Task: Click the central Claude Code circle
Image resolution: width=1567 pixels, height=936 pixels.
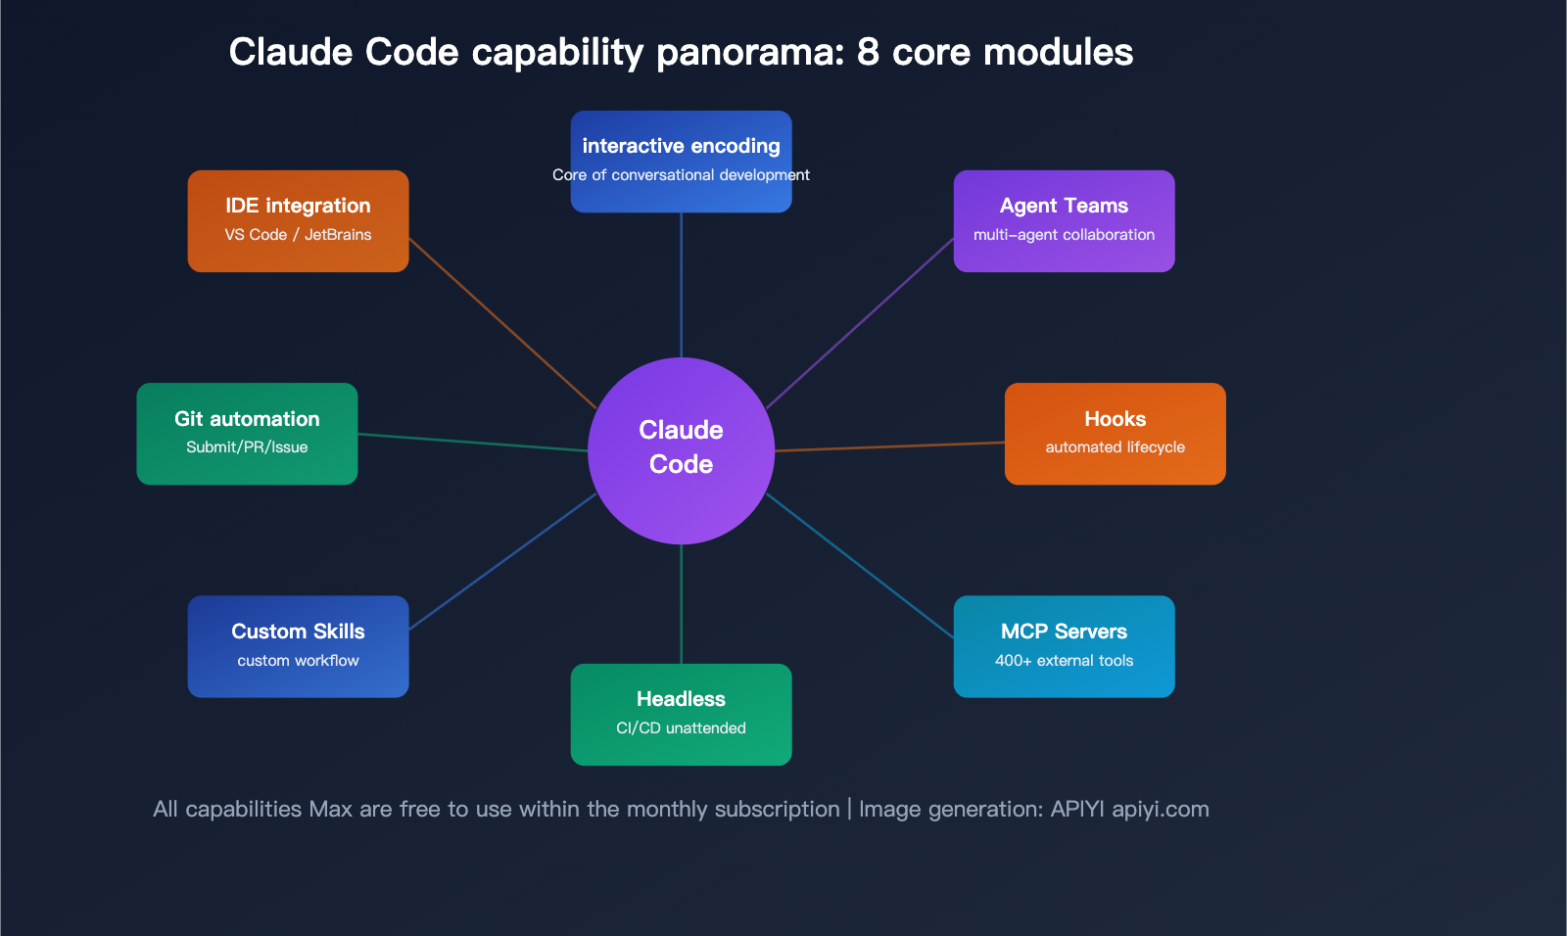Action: pos(681,450)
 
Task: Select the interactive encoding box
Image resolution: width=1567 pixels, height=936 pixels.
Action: pos(681,162)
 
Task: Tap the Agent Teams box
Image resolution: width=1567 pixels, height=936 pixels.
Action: pos(1064,221)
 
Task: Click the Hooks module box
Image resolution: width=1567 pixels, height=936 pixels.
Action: pos(1115,434)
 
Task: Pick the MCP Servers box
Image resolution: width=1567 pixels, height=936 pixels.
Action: pos(1064,646)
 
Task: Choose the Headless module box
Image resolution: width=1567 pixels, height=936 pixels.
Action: pos(681,715)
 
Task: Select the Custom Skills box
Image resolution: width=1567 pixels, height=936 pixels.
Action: pos(298,646)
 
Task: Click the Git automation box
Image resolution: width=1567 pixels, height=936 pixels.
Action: pos(247,434)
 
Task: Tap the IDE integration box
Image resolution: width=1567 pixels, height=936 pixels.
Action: pos(298,221)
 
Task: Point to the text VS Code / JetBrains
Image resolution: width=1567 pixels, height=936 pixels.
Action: pos(298,235)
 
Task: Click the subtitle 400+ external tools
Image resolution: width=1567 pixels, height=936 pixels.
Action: pos(1064,661)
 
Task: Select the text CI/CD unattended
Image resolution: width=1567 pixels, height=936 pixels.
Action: pos(681,728)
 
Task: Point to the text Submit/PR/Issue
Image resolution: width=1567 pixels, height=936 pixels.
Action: pos(247,447)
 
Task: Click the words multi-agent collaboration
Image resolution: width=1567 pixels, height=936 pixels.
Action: pos(1064,235)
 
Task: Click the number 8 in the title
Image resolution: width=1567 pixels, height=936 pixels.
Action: pos(868,53)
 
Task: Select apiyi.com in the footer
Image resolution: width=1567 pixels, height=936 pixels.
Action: pos(1160,810)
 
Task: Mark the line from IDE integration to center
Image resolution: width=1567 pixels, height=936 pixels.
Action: pos(501,322)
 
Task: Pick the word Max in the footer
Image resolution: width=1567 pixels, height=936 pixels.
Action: pos(330,810)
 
